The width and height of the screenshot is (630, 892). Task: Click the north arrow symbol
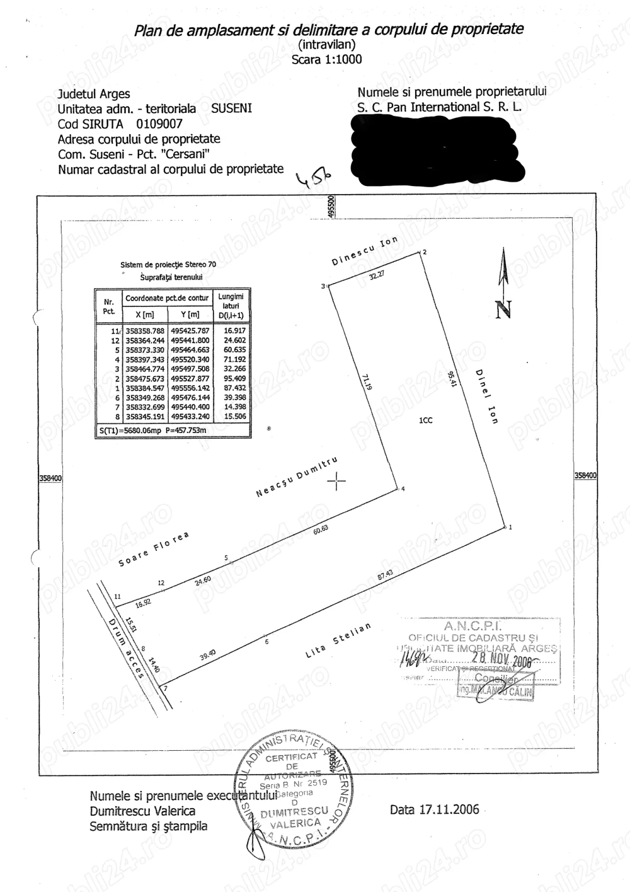pyautogui.click(x=503, y=284)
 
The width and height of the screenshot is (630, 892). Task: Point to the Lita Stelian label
pyautogui.click(x=338, y=640)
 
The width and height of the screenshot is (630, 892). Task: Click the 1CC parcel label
pyautogui.click(x=426, y=420)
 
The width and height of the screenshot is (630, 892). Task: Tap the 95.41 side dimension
pyautogui.click(x=450, y=379)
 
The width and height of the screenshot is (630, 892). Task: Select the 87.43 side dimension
pyautogui.click(x=385, y=574)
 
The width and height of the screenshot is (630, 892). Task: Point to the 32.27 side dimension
pyautogui.click(x=377, y=275)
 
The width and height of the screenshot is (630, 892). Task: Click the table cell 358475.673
pyautogui.click(x=145, y=379)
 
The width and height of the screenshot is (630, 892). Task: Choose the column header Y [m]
pyautogui.click(x=190, y=315)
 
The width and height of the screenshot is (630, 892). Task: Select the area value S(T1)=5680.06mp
pyautogui.click(x=130, y=431)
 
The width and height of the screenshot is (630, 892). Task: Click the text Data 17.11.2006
pyautogui.click(x=434, y=809)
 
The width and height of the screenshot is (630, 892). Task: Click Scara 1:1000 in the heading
pyautogui.click(x=326, y=59)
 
